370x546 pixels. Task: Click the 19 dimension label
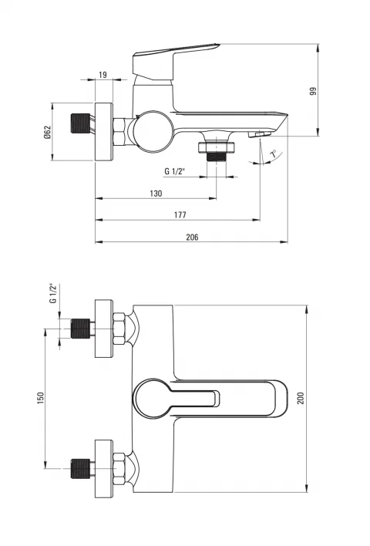point(103,75)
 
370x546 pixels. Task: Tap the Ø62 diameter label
point(47,132)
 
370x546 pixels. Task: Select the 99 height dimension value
point(313,91)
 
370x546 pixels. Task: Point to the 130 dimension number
point(156,194)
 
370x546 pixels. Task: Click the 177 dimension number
point(180,215)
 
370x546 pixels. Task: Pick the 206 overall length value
point(192,237)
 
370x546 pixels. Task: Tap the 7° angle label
point(274,153)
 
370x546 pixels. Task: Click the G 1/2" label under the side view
point(175,171)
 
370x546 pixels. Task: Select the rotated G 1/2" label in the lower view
point(53,293)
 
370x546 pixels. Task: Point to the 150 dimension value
point(41,398)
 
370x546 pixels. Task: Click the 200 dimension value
point(301,398)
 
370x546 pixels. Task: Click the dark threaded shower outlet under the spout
point(217,157)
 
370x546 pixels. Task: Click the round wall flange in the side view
point(104,132)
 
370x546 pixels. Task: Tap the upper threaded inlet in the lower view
point(80,329)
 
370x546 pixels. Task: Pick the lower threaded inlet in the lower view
point(80,469)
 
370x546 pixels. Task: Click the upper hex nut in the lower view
point(119,329)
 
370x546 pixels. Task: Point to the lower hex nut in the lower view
point(119,469)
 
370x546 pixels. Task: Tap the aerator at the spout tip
point(260,134)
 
